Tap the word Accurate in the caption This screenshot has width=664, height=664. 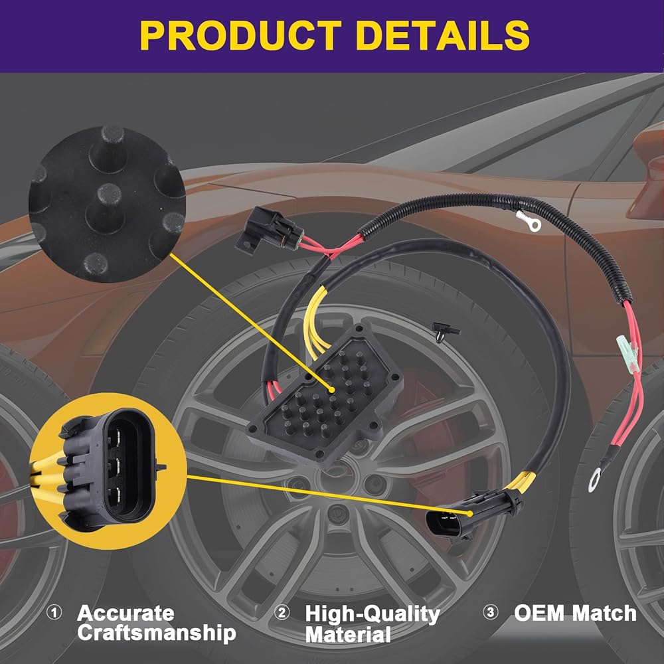point(125,612)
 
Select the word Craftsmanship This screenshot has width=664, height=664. point(157,633)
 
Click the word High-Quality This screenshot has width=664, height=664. point(373,614)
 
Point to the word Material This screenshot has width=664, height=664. point(348,635)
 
